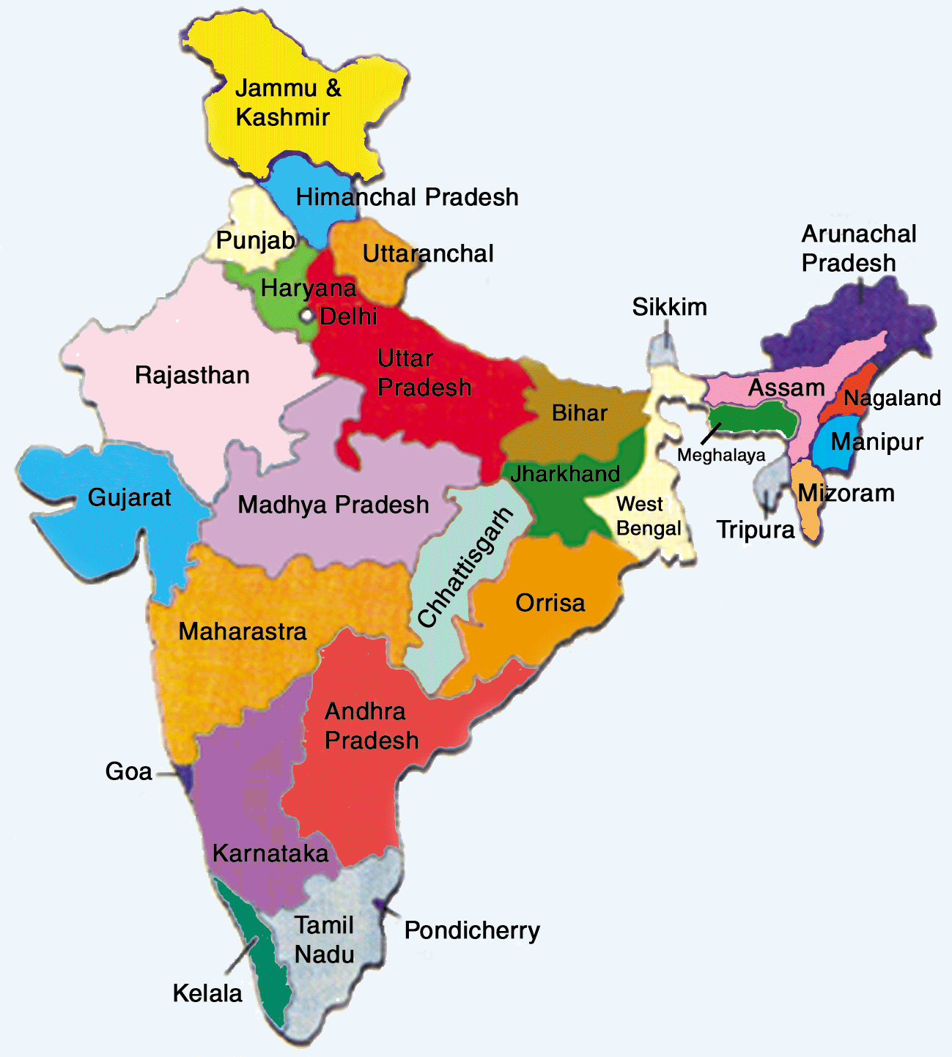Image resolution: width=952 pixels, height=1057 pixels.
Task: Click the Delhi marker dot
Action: point(306,316)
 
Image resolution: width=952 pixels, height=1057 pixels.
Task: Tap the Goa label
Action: point(129,771)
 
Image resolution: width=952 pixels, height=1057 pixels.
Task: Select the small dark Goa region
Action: point(187,776)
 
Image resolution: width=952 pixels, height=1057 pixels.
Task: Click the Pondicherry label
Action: point(472,930)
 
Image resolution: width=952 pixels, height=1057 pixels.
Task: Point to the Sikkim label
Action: point(669,307)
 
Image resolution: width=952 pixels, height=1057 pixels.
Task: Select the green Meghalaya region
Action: point(755,420)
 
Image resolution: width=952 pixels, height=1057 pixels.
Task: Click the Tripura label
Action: point(756,530)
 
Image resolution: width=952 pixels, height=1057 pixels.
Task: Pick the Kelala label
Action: point(207,993)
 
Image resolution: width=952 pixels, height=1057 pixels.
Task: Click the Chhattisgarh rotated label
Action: point(465,567)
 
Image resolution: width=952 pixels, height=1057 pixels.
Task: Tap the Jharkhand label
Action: point(565,474)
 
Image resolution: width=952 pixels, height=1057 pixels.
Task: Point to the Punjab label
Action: point(256,240)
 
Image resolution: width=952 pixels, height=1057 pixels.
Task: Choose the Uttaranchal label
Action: point(428,253)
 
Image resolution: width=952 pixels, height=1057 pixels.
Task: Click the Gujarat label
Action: point(129,497)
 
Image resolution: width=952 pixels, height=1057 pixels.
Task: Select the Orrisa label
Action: point(550,603)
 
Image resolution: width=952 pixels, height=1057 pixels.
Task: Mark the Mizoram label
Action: point(846,493)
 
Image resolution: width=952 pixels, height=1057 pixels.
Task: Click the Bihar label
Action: point(579,413)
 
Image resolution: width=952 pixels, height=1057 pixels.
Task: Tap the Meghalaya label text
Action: point(721,456)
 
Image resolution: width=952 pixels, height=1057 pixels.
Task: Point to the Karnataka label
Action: point(270,853)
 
